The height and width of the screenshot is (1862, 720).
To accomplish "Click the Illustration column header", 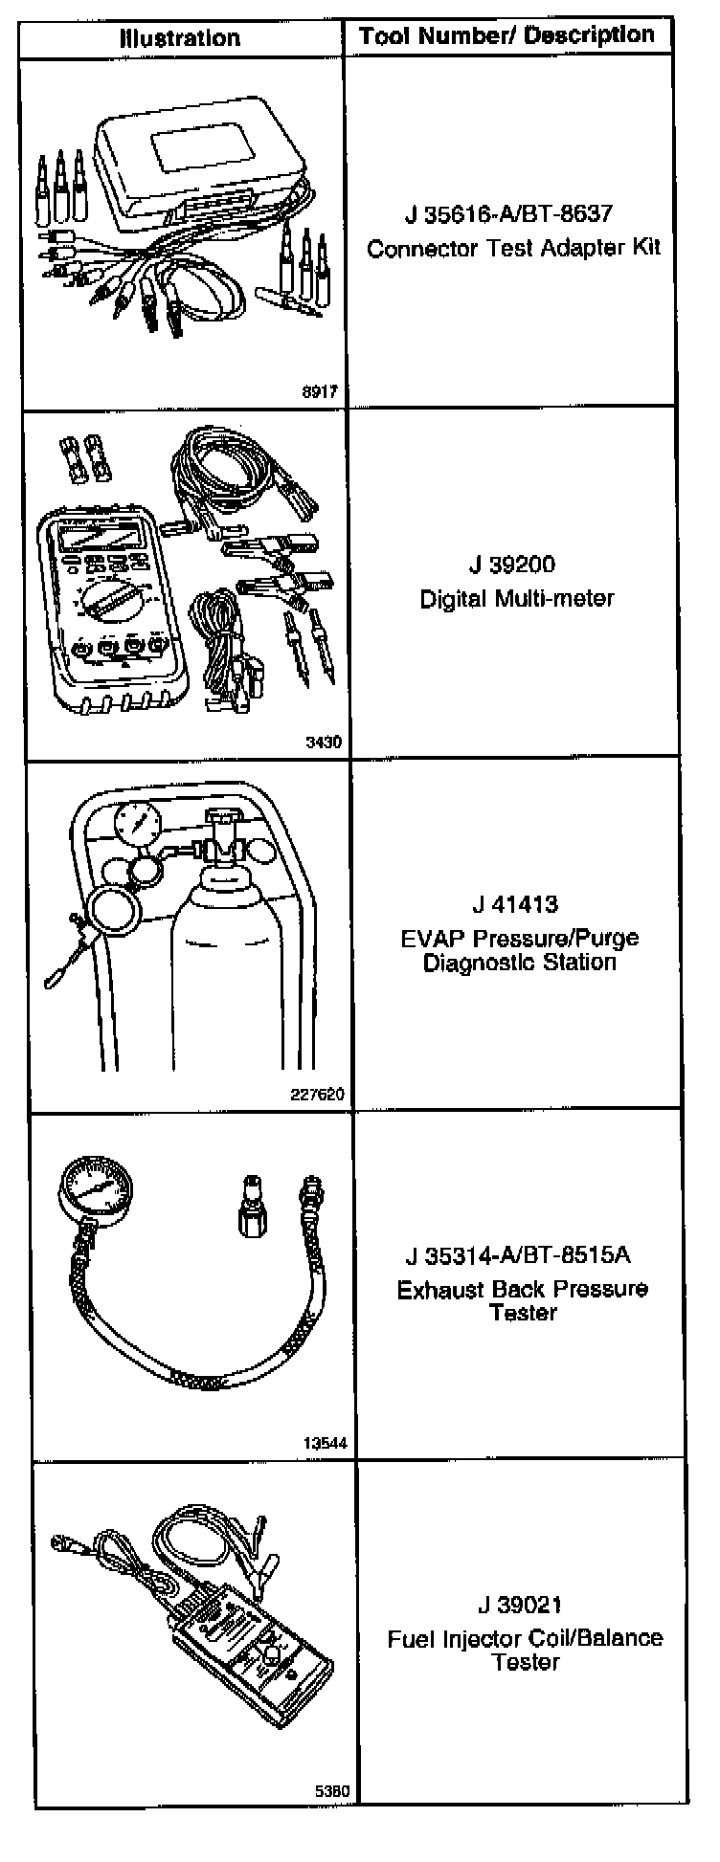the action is [x=179, y=38].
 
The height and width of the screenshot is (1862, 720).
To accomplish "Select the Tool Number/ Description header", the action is [x=506, y=36].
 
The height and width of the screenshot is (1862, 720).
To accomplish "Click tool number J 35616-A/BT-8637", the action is [x=507, y=213].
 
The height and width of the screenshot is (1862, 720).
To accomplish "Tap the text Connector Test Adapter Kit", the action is [x=514, y=249].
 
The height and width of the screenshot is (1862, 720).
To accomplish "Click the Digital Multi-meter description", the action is [x=516, y=599].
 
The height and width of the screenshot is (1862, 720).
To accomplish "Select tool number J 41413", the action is [x=514, y=904].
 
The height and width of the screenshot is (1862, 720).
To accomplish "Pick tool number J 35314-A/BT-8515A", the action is [x=517, y=1254].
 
